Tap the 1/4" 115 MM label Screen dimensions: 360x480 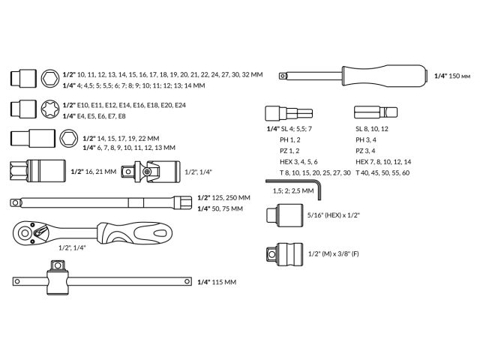(x=216, y=282)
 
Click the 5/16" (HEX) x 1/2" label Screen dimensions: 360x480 (x=334, y=215)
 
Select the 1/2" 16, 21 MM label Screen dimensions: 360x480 (x=93, y=172)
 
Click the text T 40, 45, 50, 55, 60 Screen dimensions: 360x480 (x=382, y=172)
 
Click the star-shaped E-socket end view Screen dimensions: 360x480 (x=51, y=109)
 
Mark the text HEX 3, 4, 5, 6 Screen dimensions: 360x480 (x=298, y=161)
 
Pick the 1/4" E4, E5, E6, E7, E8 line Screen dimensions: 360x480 (x=94, y=115)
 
